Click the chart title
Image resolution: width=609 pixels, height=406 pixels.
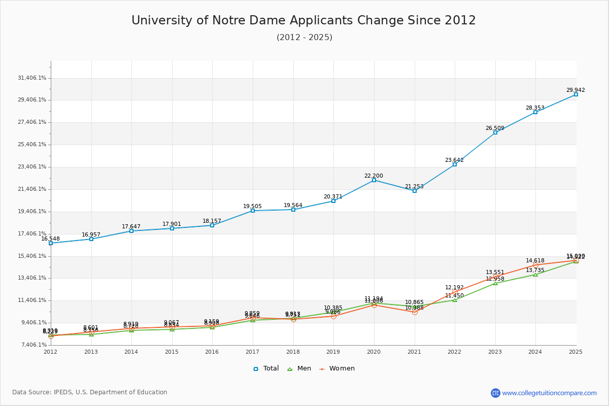tap(303, 20)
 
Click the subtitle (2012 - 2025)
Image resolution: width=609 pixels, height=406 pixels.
tap(304, 38)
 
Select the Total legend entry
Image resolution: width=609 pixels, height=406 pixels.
tap(266, 368)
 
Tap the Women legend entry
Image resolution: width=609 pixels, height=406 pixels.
tap(337, 368)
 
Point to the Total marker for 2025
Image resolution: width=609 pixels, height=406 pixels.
tap(576, 94)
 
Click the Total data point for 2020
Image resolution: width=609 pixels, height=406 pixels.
tap(374, 180)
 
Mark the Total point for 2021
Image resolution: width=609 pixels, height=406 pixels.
tap(415, 191)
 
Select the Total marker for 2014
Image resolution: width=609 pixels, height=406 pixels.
tap(131, 231)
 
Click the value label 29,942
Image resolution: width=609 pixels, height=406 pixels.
tap(576, 90)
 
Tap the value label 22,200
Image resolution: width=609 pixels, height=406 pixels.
tap(374, 176)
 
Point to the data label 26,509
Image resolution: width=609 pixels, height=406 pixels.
tap(495, 128)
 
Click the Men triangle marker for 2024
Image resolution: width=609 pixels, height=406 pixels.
tap(535, 275)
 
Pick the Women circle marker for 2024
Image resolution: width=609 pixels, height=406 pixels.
tap(535, 265)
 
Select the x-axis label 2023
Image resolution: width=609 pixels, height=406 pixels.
tap(495, 351)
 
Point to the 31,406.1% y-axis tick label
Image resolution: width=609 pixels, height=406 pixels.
tap(32, 78)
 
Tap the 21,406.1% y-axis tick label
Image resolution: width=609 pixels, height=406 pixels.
tap(32, 189)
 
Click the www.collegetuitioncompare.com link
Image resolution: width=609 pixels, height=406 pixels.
tap(549, 393)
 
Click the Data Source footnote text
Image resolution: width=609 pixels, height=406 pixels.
tap(90, 392)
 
